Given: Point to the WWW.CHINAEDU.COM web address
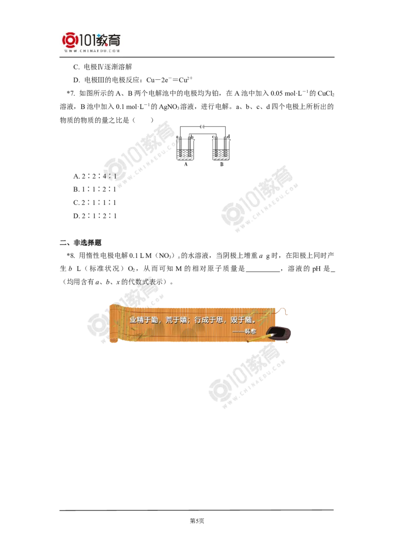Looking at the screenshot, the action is click(x=92, y=51).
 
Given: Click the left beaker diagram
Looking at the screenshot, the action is click(x=185, y=148).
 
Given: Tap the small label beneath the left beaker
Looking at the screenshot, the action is click(x=185, y=167).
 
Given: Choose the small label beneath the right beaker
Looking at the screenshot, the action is click(x=220, y=167).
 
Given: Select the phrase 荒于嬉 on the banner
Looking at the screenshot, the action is click(x=176, y=320).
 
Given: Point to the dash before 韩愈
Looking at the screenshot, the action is click(x=238, y=332).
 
